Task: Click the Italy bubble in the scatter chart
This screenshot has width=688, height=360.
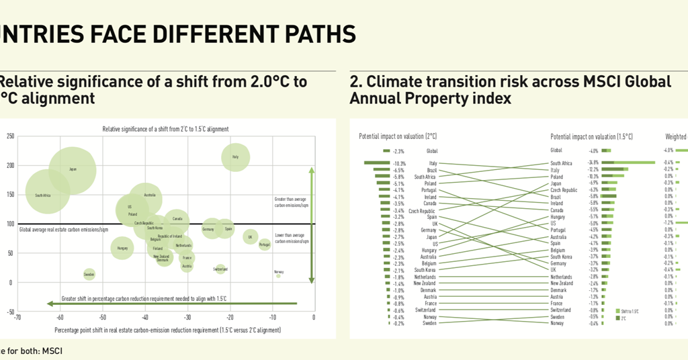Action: coord(235,158)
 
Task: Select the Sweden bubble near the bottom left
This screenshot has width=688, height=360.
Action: coord(89,274)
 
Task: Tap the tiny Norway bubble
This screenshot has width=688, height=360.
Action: coord(278,275)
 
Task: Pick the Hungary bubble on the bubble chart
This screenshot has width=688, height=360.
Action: coord(122,249)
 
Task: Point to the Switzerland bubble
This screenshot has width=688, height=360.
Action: coord(220,269)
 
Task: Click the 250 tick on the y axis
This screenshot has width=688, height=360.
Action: coord(10,136)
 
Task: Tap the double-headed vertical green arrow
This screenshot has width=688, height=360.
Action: coord(311,225)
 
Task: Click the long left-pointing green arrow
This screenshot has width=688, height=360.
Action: coord(168,304)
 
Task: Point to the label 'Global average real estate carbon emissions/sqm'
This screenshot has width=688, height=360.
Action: coord(64,230)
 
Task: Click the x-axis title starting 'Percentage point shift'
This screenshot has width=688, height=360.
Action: coord(167,330)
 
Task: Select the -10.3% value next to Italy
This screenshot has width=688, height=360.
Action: coord(398,163)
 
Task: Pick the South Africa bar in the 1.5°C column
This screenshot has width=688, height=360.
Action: coord(628,163)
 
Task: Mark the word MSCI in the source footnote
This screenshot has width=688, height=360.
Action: coord(52,351)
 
